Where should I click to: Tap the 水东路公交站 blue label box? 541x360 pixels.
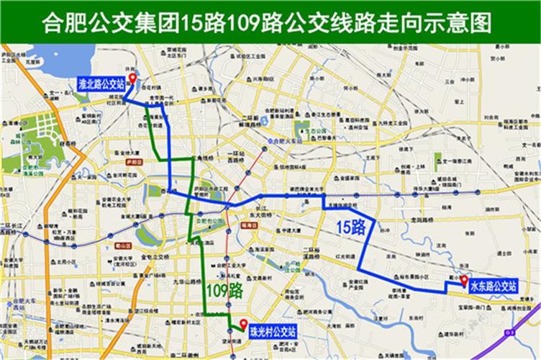click(x=493, y=286)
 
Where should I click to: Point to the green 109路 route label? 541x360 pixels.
click(x=223, y=292)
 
